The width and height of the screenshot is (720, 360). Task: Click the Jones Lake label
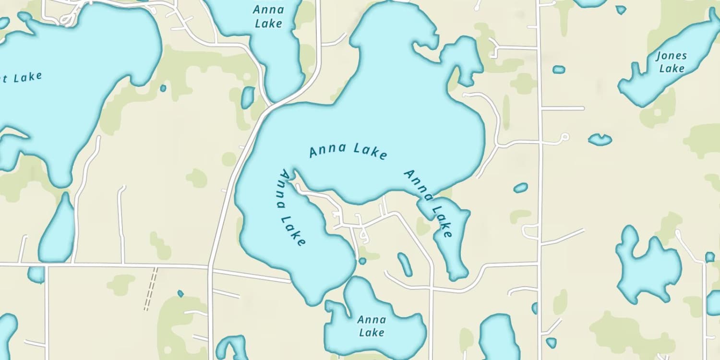point(672,62)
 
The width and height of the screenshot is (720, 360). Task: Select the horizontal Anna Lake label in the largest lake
point(348,151)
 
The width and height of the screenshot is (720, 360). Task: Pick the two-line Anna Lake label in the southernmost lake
point(372,326)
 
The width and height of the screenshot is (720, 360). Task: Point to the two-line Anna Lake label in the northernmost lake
point(268,16)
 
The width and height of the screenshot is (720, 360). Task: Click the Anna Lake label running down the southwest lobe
point(291,208)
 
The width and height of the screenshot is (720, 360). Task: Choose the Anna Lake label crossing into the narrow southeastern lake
point(429,203)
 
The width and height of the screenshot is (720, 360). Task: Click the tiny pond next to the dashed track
point(180,293)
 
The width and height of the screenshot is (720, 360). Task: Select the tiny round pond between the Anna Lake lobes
point(362,261)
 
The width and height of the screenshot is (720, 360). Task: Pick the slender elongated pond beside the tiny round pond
point(405,264)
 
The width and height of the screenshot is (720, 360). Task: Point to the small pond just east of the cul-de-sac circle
point(600,139)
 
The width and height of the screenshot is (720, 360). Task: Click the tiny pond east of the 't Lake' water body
point(163,88)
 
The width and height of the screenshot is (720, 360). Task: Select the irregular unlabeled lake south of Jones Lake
point(648,266)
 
